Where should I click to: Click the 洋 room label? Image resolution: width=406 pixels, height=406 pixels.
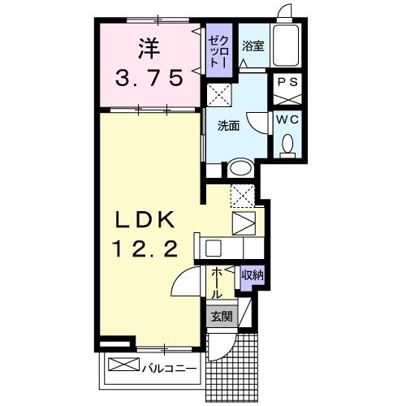click(148, 50)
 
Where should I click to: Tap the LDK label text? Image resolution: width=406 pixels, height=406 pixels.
click(151, 220)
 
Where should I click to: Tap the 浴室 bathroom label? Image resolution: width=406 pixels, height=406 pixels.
click(253, 46)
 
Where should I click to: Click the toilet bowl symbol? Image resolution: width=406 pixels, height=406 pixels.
click(286, 145)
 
